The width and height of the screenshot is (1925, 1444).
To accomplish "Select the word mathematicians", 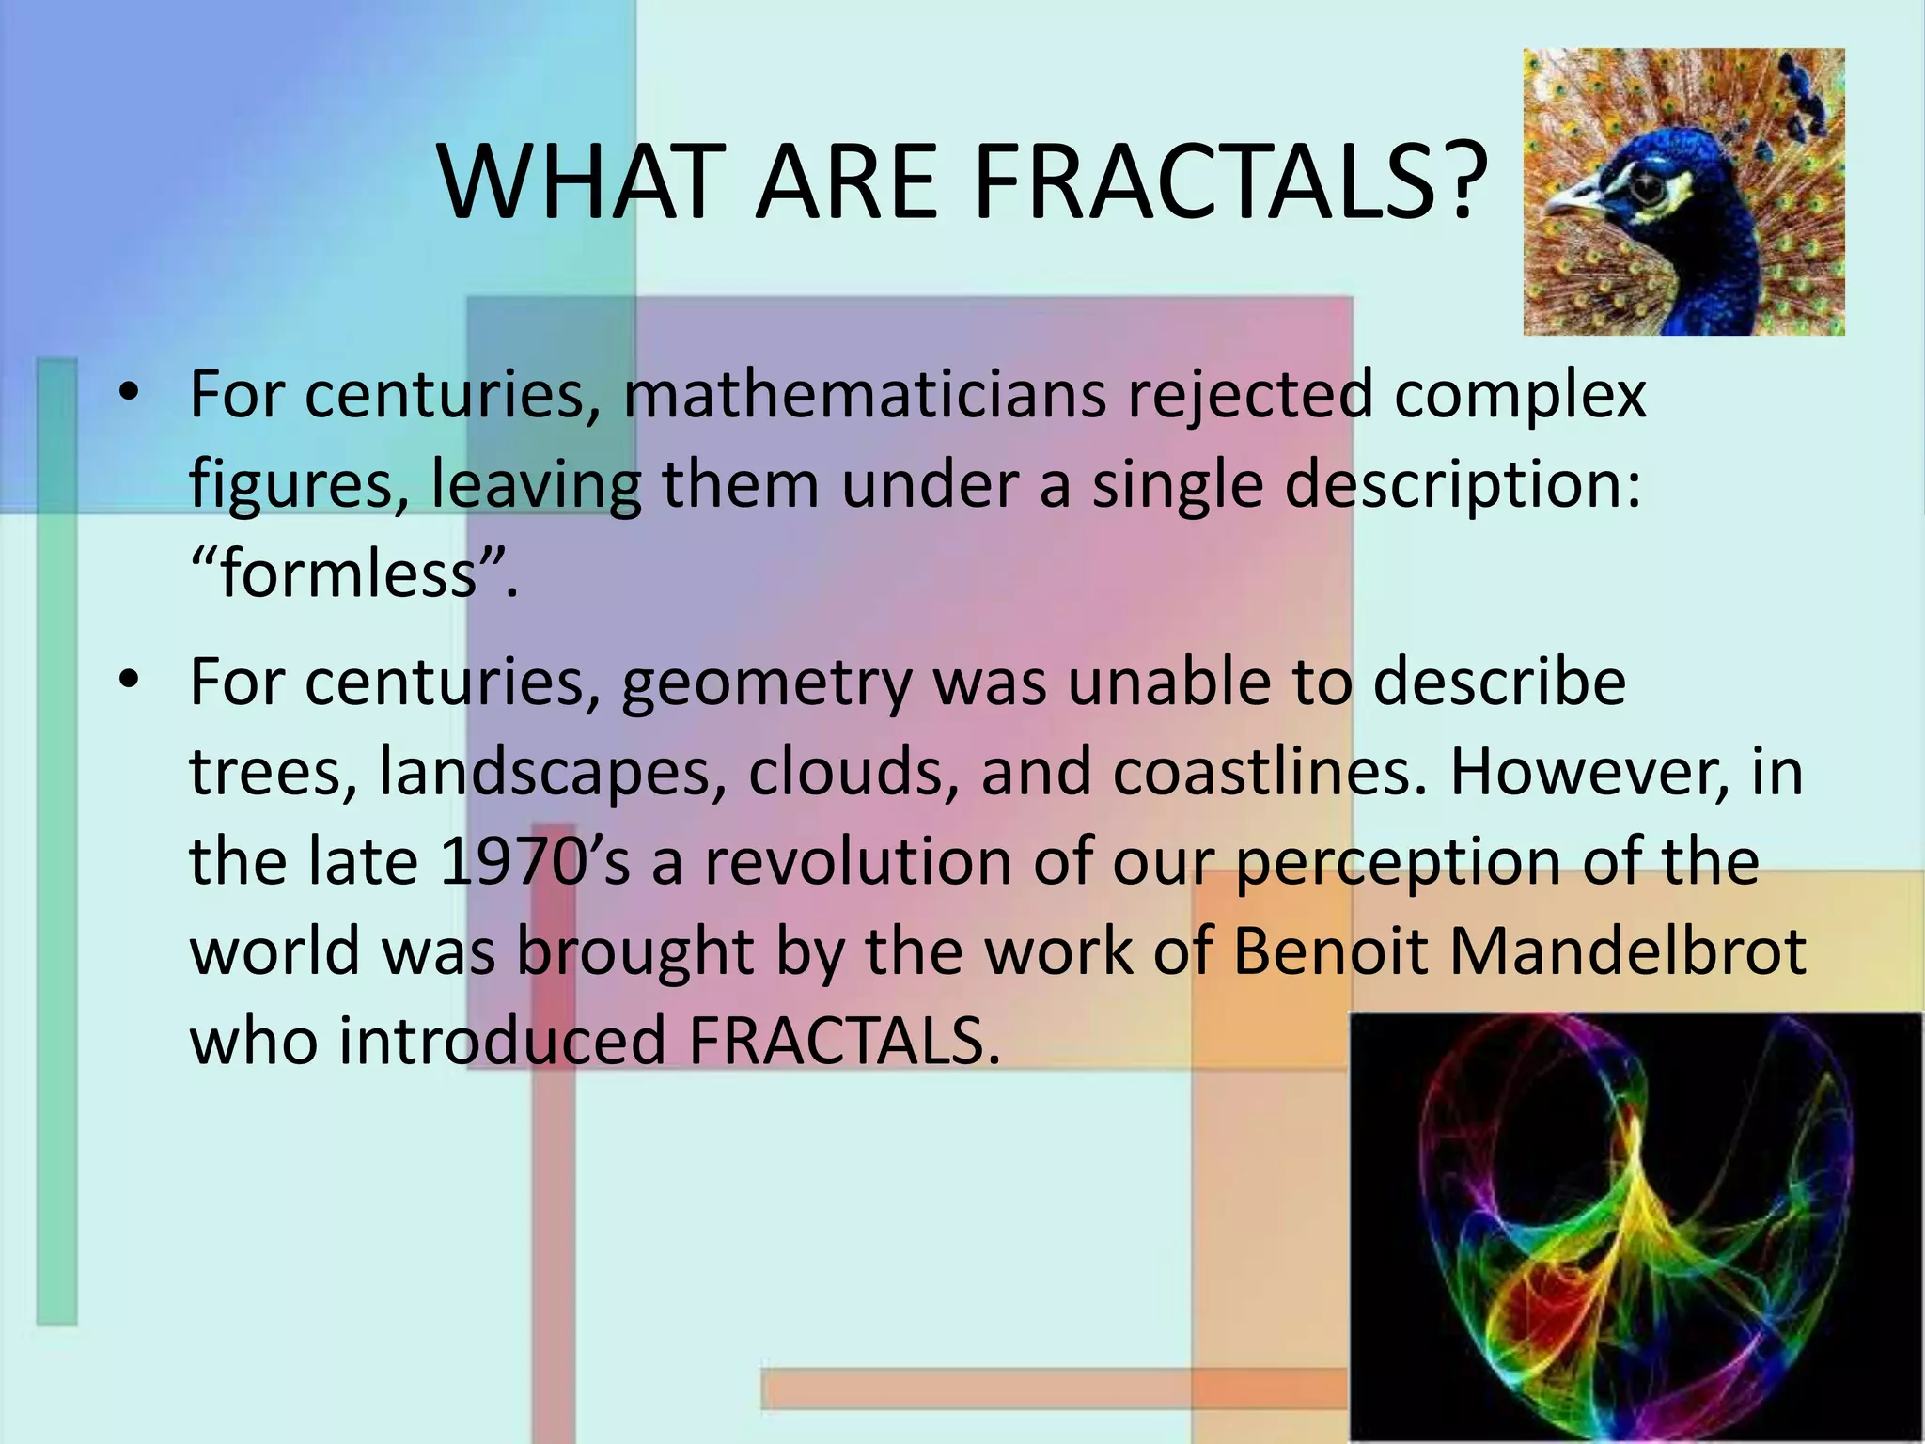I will pyautogui.click(x=865, y=395).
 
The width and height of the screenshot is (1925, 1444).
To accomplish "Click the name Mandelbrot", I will pyautogui.click(x=1627, y=950).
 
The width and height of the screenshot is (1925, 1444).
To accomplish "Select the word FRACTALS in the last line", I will pyautogui.click(x=843, y=1041).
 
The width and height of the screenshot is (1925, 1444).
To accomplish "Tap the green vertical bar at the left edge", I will pyautogui.click(x=57, y=846).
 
